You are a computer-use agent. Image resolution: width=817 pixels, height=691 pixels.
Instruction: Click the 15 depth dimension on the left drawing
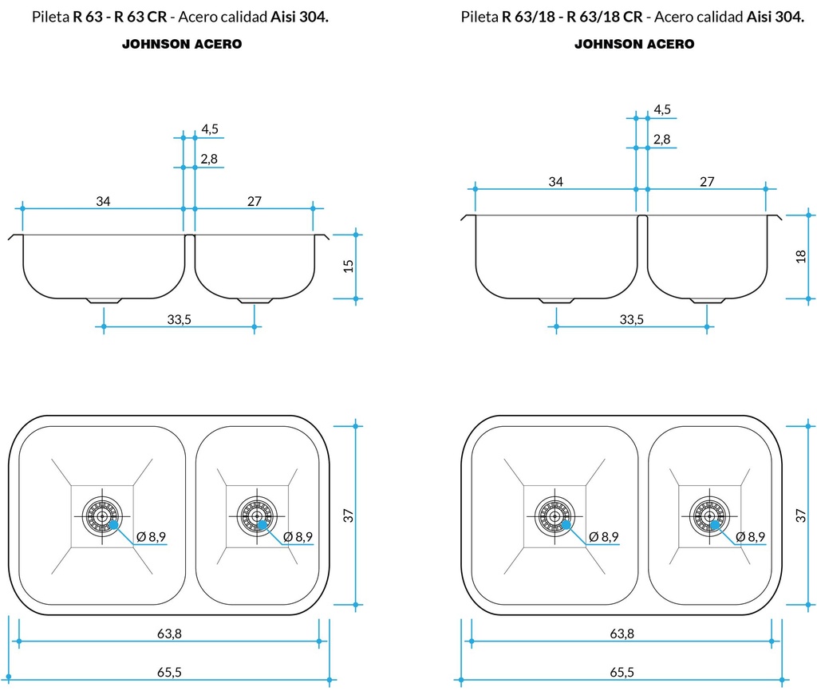[x=348, y=266]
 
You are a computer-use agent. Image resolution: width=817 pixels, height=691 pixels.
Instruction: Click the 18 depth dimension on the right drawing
[x=801, y=256]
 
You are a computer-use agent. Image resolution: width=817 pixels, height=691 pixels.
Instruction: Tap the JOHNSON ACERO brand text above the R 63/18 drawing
[x=634, y=45]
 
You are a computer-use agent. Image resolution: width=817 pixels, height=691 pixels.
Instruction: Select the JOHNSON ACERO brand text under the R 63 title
[x=181, y=45]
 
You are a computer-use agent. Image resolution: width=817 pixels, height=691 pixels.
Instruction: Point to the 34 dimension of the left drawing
[x=103, y=201]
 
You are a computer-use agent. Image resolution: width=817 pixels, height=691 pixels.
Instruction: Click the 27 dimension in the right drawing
[x=707, y=182]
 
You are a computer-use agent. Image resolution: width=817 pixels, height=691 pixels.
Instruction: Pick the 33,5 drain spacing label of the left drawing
[x=179, y=320]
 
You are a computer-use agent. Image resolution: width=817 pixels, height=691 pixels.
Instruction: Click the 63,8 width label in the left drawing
[x=168, y=634]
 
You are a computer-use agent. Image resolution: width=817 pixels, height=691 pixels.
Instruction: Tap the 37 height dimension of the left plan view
[x=348, y=515]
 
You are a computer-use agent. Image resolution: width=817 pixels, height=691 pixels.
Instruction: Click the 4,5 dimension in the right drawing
[x=662, y=109]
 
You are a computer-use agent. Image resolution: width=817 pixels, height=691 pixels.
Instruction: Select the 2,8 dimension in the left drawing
[x=209, y=159]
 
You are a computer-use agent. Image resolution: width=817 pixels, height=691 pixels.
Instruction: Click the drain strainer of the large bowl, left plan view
[x=101, y=515]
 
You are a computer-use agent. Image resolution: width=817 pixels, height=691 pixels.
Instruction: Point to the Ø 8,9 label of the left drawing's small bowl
[x=297, y=536]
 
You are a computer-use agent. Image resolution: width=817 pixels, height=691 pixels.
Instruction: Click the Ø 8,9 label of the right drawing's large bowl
[x=603, y=536]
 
